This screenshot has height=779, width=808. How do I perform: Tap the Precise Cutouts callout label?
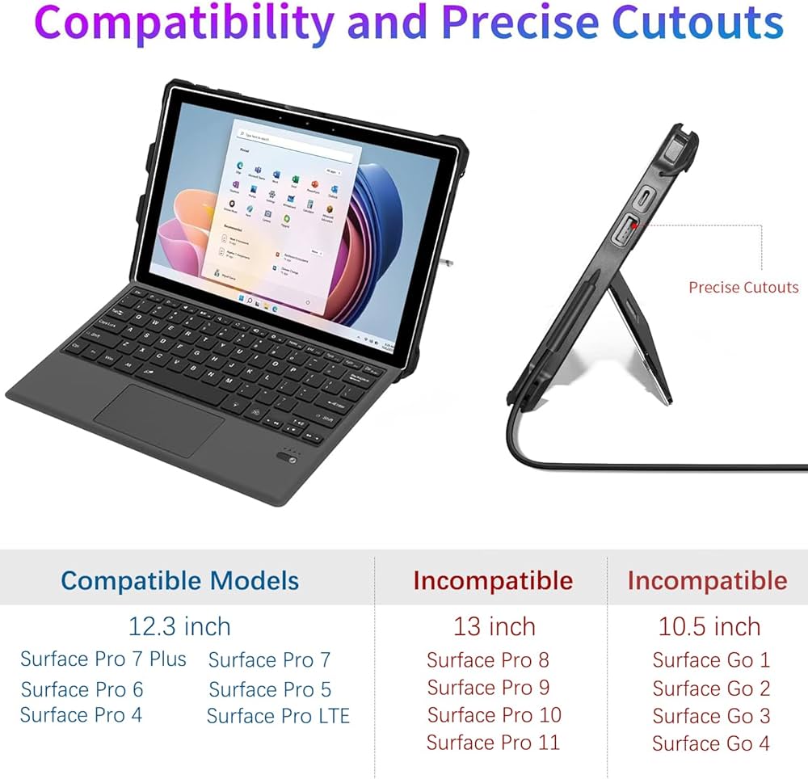[743, 287]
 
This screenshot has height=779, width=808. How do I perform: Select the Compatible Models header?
[179, 580]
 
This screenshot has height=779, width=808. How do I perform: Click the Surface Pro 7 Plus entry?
[103, 659]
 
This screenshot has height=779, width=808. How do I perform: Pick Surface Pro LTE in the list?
[278, 716]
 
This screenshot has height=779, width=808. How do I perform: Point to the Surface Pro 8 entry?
[487, 660]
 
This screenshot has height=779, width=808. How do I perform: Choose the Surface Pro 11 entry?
[493, 742]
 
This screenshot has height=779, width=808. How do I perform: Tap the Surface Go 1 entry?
[711, 660]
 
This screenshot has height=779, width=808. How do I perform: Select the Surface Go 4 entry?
[711, 743]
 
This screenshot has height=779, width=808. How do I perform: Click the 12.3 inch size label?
[179, 626]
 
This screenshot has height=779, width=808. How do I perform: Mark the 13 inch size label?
[494, 626]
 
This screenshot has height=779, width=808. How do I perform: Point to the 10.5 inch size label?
[709, 626]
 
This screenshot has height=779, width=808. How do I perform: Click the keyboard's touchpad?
[159, 419]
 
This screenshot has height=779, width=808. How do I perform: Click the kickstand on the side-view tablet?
[642, 339]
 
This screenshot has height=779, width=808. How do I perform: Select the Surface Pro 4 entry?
[81, 715]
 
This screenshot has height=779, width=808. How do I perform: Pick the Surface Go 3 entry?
[711, 716]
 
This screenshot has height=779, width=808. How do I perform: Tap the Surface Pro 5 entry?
[270, 689]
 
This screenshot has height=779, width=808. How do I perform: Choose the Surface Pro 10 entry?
[494, 715]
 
